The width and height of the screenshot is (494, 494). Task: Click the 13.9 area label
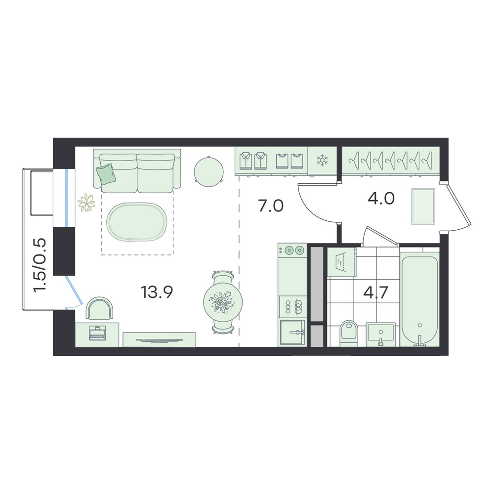click(157, 292)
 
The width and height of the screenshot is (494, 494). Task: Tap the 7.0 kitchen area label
click(271, 206)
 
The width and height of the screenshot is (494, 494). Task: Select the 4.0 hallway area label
click(381, 199)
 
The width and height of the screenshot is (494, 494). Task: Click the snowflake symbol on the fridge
click(322, 161)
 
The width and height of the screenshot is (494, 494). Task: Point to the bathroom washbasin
click(380, 334)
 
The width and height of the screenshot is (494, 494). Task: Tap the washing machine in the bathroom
click(341, 262)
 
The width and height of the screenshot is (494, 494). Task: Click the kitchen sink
click(292, 332)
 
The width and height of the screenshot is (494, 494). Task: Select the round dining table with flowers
click(223, 302)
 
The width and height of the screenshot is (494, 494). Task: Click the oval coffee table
click(136, 221)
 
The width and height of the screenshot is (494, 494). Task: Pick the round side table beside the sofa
click(208, 172)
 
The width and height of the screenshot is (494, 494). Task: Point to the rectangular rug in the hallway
click(423, 206)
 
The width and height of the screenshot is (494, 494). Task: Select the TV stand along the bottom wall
click(159, 340)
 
